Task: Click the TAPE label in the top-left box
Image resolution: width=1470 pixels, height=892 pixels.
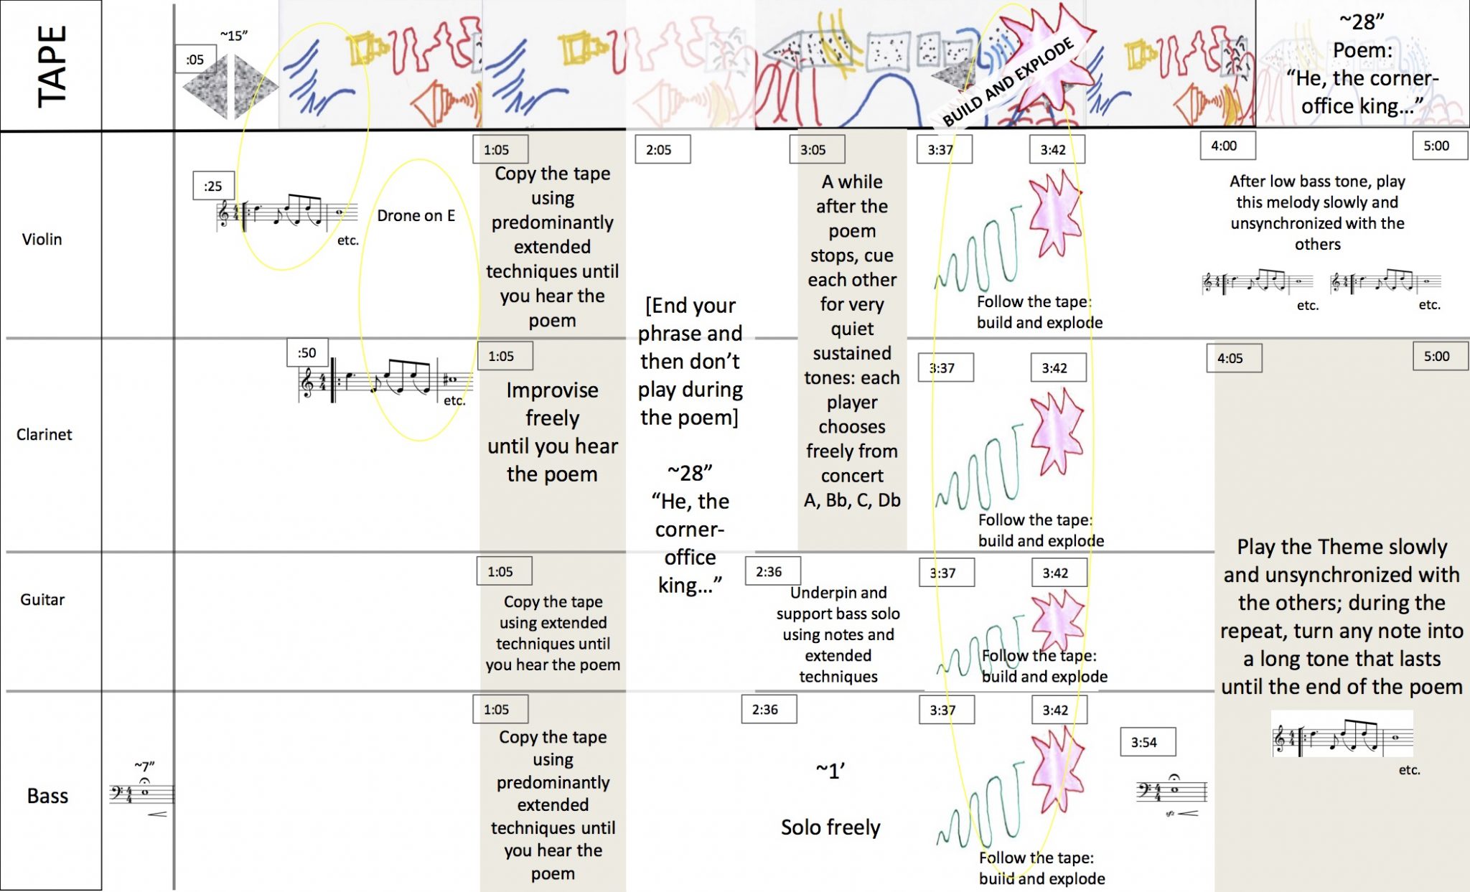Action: click(51, 65)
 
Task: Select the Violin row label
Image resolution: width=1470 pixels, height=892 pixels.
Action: click(42, 239)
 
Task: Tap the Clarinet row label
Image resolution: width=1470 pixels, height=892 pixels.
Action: click(44, 434)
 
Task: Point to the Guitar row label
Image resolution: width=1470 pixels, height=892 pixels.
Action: click(42, 599)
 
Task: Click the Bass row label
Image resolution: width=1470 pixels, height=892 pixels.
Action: click(47, 796)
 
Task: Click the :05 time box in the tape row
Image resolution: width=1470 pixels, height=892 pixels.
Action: click(195, 60)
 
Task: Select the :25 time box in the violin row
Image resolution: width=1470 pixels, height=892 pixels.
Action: click(213, 186)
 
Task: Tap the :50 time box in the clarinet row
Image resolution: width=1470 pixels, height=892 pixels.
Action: click(307, 352)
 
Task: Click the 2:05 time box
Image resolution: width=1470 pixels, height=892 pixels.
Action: click(659, 150)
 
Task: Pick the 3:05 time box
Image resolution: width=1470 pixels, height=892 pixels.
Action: click(813, 150)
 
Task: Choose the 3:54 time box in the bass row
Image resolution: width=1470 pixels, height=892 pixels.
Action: click(1144, 742)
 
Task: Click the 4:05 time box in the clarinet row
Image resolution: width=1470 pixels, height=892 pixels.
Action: click(1230, 358)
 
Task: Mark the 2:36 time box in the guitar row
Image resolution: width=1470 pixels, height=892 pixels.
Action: click(769, 572)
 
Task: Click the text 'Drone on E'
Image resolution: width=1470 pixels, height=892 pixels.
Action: click(416, 215)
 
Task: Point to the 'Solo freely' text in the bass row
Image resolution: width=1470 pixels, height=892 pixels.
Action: click(830, 827)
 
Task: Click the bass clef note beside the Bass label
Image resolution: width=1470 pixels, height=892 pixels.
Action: click(144, 792)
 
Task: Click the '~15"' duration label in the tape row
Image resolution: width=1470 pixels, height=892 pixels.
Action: click(234, 35)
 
